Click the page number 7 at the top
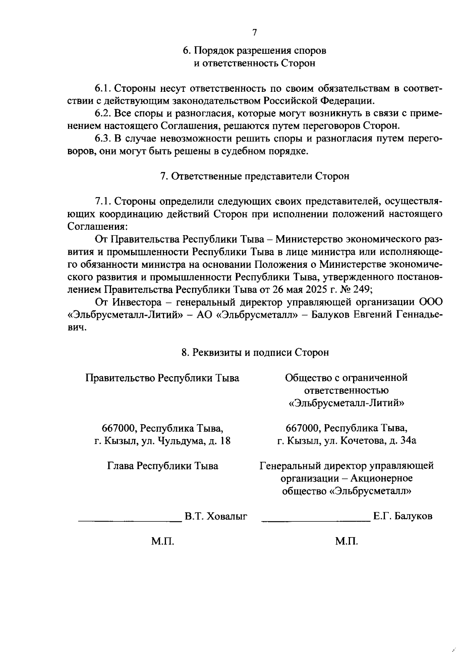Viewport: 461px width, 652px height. (x=254, y=33)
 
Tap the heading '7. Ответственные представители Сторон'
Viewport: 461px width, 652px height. (x=254, y=176)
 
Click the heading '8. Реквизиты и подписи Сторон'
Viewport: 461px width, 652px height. (x=255, y=352)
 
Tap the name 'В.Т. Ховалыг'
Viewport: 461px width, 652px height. (x=216, y=516)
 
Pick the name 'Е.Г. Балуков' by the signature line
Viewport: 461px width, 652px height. (x=403, y=516)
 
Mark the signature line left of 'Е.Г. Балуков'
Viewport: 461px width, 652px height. (x=316, y=520)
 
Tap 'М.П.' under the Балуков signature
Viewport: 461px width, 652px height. (x=347, y=541)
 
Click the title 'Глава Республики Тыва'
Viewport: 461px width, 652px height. (x=163, y=466)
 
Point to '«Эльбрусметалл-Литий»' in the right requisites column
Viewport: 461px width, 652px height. (x=347, y=403)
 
